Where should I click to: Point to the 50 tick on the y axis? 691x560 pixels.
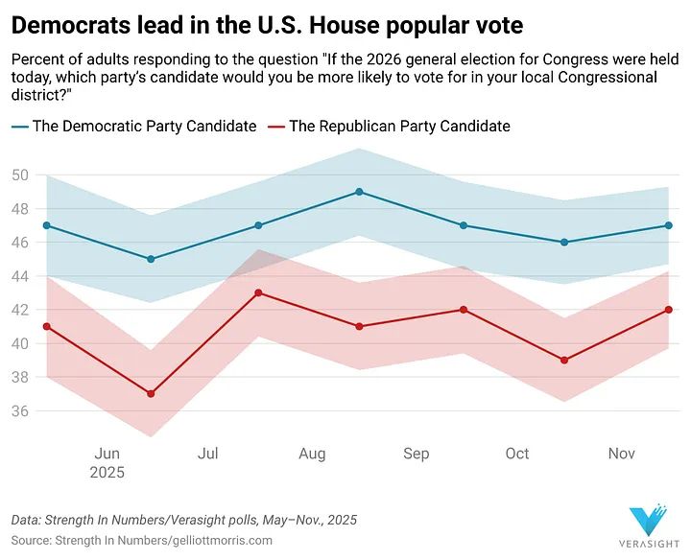[x=22, y=175]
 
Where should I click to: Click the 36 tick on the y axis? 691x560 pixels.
[x=22, y=411]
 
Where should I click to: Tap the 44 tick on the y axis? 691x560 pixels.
[x=22, y=276]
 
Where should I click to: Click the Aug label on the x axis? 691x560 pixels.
[x=312, y=454]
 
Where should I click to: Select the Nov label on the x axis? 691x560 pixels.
[x=622, y=454]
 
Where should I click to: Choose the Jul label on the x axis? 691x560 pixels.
[x=208, y=454]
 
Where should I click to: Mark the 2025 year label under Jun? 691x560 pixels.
[x=107, y=473]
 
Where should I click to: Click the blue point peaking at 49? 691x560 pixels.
[x=359, y=192]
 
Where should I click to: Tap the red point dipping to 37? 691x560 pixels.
[x=151, y=394]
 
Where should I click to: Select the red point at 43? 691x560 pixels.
[x=255, y=292]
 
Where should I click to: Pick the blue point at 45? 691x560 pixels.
[x=151, y=259]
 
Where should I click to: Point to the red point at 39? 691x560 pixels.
[x=564, y=361]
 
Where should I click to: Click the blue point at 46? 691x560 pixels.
[x=564, y=243]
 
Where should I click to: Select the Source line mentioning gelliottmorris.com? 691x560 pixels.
[x=142, y=540]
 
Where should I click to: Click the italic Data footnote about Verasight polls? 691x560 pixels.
[x=184, y=520]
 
